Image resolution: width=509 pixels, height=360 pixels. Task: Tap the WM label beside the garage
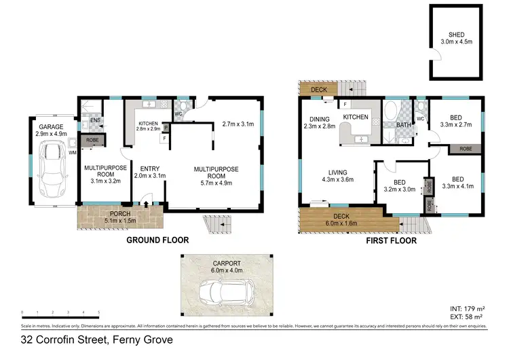[72, 153]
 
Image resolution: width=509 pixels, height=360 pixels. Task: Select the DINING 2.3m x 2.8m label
[320, 122]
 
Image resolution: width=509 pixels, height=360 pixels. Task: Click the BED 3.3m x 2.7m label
[455, 120]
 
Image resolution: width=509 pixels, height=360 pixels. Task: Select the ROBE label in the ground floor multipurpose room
[90, 141]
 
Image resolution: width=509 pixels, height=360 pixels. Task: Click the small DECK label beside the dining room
[318, 90]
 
